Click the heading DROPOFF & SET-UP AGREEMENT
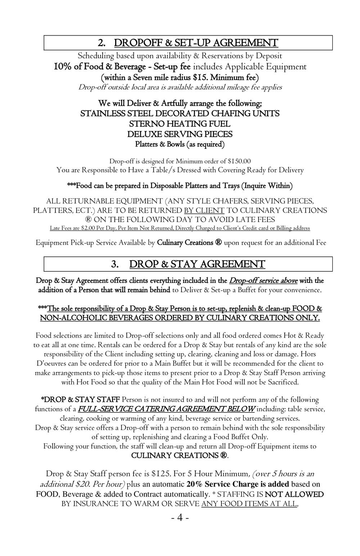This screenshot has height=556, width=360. [x=196, y=43]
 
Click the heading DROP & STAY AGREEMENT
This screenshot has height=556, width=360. [x=197, y=265]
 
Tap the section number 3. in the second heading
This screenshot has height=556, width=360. [x=115, y=265]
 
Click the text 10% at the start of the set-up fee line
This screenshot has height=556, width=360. [x=64, y=67]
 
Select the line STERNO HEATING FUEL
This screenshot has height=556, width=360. [x=180, y=124]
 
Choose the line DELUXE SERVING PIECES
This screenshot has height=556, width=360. [x=180, y=134]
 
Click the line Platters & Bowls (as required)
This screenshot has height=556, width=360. [x=180, y=144]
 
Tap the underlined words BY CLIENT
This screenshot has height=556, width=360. [x=204, y=210]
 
